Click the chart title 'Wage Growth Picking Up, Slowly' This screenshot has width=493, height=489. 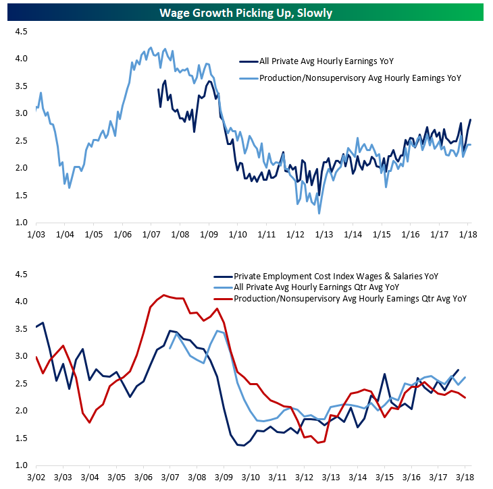point(246,13)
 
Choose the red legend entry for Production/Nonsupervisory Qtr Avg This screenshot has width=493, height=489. point(351,297)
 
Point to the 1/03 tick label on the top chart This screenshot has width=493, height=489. point(36,234)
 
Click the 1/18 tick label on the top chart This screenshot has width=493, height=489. point(465,234)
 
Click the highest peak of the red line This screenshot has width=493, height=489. point(165,295)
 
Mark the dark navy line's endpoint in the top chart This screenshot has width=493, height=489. point(470,120)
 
